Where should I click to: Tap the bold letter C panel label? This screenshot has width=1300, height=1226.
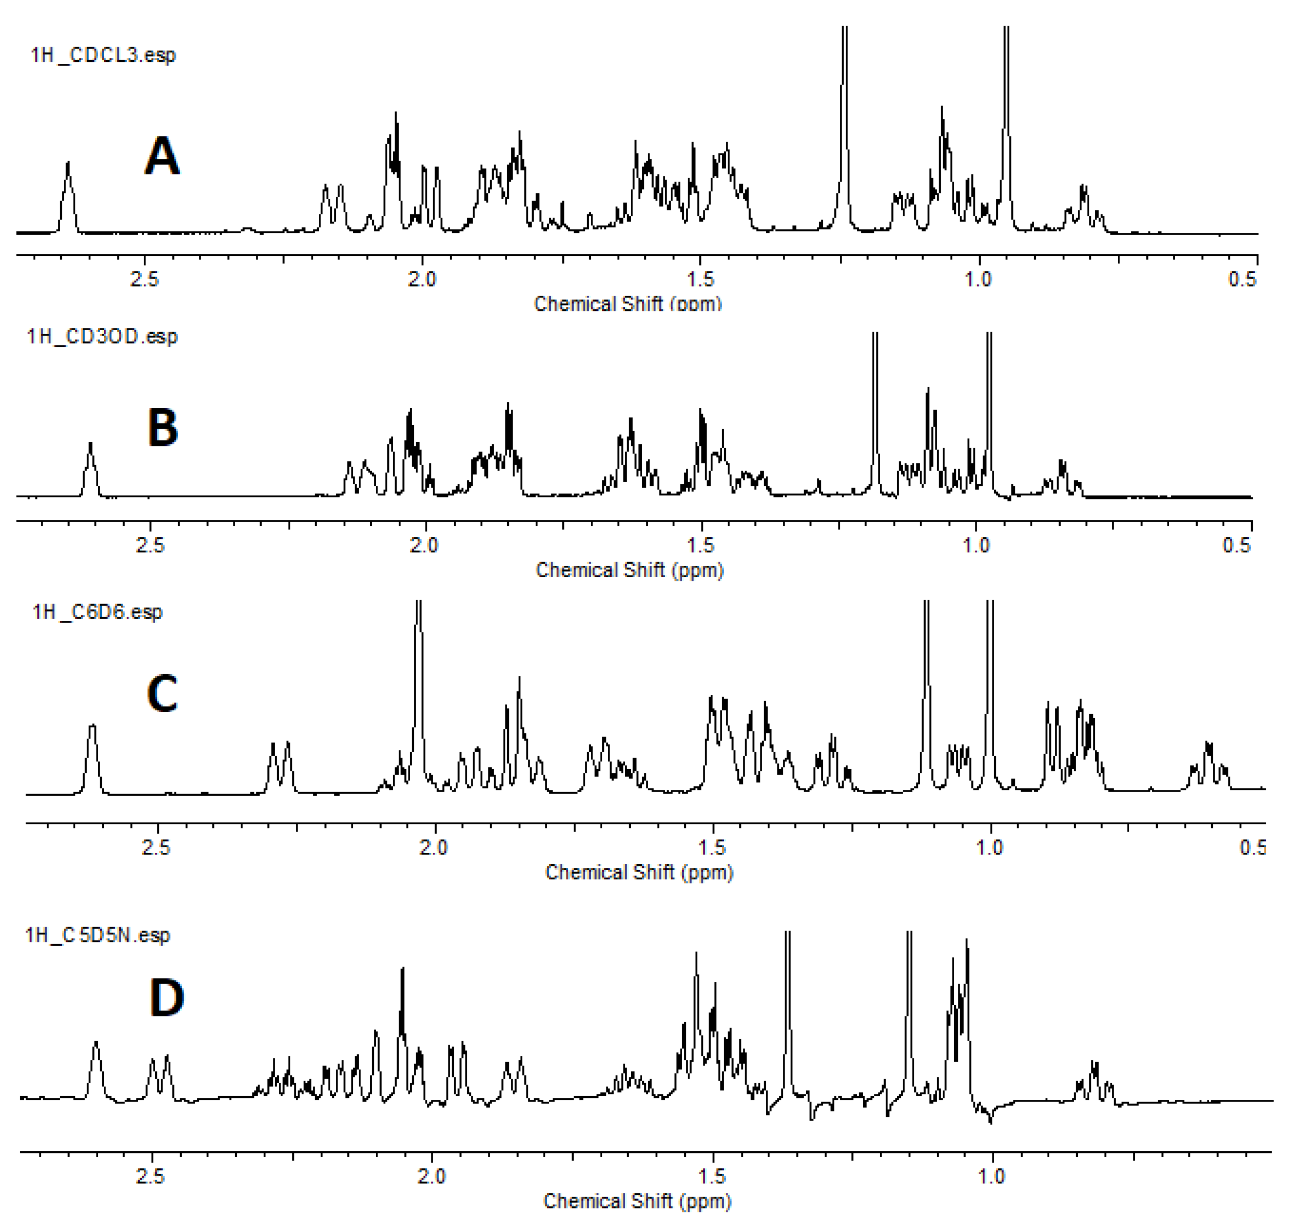tap(162, 694)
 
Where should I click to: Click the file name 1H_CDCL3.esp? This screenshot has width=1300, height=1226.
tap(103, 55)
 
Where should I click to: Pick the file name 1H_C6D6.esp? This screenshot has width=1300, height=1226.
tap(98, 612)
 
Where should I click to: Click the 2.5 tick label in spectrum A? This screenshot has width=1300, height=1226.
tap(144, 279)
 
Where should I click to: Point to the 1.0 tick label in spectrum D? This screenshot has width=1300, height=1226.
tap(991, 1177)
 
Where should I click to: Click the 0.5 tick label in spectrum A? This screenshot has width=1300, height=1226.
tap(1242, 279)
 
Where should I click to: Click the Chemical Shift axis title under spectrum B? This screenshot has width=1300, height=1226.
tap(630, 570)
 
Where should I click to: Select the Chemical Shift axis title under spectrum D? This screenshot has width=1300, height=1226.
tap(637, 1201)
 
